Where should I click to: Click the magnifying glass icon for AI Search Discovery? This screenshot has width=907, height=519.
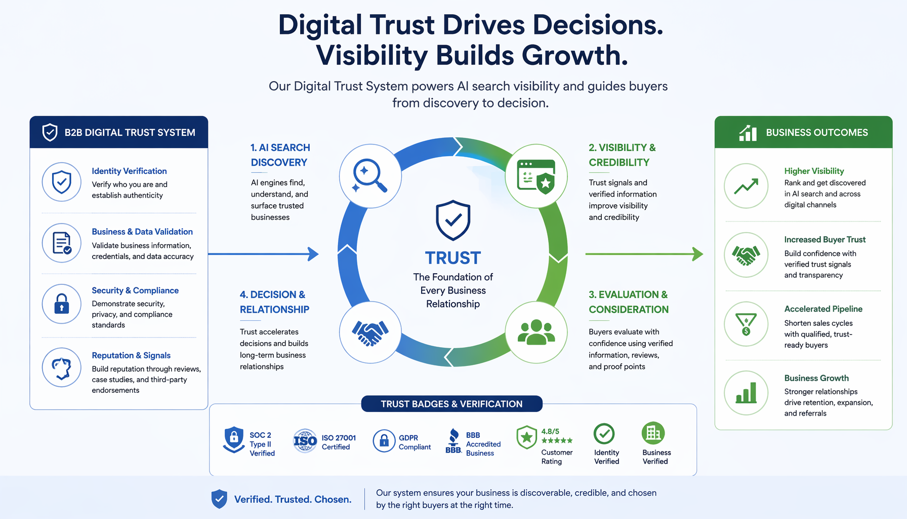tap(370, 175)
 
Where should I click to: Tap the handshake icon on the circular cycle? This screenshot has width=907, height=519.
tap(370, 332)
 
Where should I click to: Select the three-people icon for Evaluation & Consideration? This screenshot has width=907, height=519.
tap(537, 332)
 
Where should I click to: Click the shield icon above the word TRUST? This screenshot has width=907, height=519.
tap(453, 220)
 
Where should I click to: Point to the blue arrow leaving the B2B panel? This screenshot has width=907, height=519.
tap(263, 254)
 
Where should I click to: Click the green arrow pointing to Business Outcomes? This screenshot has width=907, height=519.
tap(644, 254)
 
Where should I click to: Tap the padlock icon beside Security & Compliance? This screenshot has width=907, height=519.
tap(62, 304)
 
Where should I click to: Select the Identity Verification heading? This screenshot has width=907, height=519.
tap(129, 171)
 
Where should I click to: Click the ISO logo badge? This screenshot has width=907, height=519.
tap(305, 441)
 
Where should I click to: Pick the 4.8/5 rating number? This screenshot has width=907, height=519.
tap(550, 431)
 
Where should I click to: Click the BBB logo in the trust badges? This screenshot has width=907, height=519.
tap(454, 441)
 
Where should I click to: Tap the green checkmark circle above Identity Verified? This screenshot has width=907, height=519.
tap(604, 434)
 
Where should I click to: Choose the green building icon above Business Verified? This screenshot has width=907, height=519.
tap(653, 433)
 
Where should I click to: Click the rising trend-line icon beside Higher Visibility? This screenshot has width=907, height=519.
tap(746, 186)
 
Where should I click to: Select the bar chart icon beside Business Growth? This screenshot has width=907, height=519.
tap(746, 393)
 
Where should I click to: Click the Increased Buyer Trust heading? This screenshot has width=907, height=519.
tap(824, 240)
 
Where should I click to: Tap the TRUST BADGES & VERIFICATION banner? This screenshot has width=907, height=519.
tap(451, 404)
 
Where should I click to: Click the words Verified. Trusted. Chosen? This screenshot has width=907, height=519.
tap(293, 499)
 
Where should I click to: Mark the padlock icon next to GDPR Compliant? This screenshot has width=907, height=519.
tap(384, 441)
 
